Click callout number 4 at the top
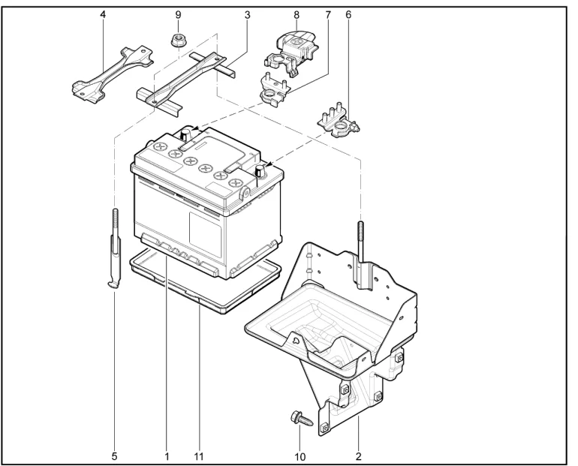pos(103,14)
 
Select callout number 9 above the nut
pos(177,14)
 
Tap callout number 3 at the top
pos(247,14)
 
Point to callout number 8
pos(297,14)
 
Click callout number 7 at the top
pos(328,14)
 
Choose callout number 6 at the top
pos(348,14)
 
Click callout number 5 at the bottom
pos(114,455)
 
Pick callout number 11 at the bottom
pos(199,455)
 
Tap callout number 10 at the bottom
pos(300,455)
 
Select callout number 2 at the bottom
pos(359,455)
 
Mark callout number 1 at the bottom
pos(167,455)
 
